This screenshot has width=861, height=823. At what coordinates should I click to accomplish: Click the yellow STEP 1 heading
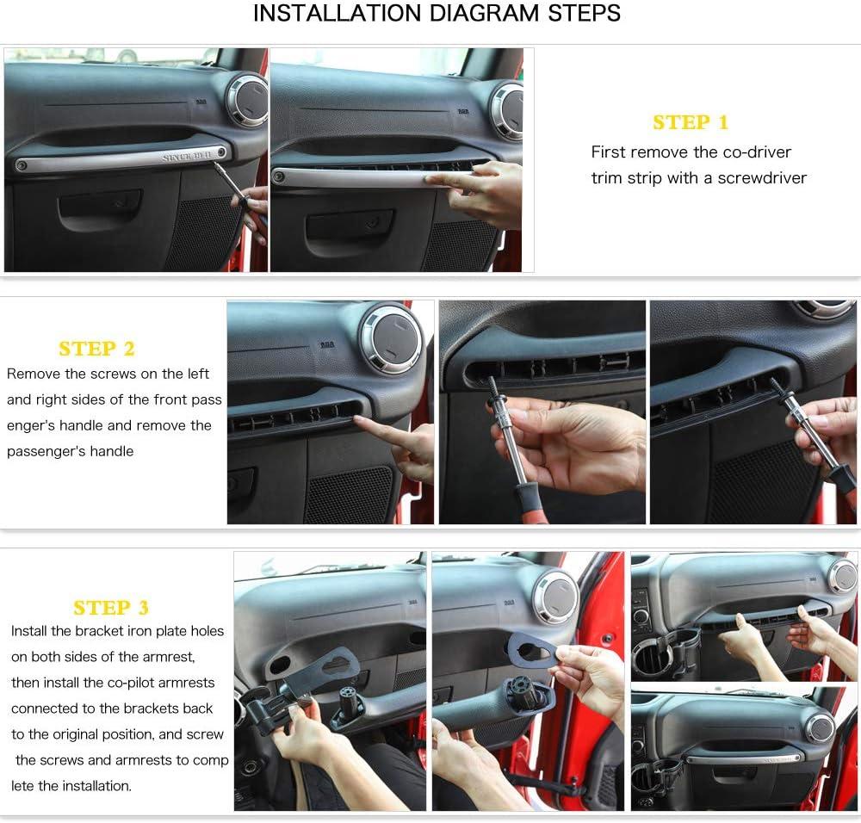[691, 122]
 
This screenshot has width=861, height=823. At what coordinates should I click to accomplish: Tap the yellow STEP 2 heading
[96, 349]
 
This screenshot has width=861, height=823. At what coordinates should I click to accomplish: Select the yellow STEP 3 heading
[111, 608]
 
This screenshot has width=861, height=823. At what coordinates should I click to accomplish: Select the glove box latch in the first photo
[100, 205]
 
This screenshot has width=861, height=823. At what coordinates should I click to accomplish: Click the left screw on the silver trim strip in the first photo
[22, 164]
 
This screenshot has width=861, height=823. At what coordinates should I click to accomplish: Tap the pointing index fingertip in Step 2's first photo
[358, 420]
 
